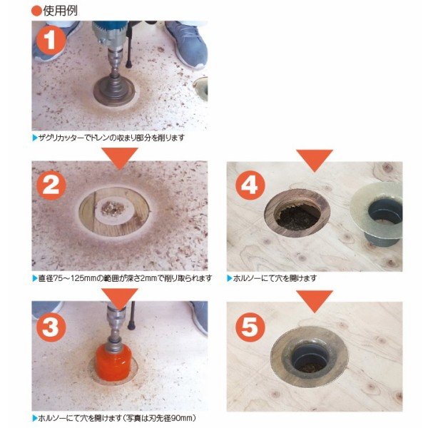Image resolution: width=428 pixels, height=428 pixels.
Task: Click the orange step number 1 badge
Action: point(51,41)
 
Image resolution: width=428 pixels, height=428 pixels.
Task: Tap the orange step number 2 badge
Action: point(51,185)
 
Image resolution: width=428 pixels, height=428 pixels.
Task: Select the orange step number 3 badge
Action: point(51,327)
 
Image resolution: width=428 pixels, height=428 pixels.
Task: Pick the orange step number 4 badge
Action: point(250,185)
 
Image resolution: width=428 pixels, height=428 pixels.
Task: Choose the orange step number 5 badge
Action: point(250,327)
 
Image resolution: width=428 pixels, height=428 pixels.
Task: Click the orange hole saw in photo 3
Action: point(113,362)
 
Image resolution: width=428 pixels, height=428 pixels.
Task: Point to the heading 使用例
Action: point(60,11)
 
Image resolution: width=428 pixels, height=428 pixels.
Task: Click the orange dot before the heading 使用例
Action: point(36,11)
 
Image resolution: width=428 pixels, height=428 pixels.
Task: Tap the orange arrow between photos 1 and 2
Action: point(120,158)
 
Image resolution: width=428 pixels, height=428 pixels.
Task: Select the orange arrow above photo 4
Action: point(315,160)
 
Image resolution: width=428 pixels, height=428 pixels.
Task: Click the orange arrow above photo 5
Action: point(315,301)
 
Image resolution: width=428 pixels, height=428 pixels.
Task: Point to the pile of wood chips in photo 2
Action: point(113,208)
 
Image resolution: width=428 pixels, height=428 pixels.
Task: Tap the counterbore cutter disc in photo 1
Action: point(114,91)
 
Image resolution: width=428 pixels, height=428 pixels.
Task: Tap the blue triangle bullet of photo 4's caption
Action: point(229,278)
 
